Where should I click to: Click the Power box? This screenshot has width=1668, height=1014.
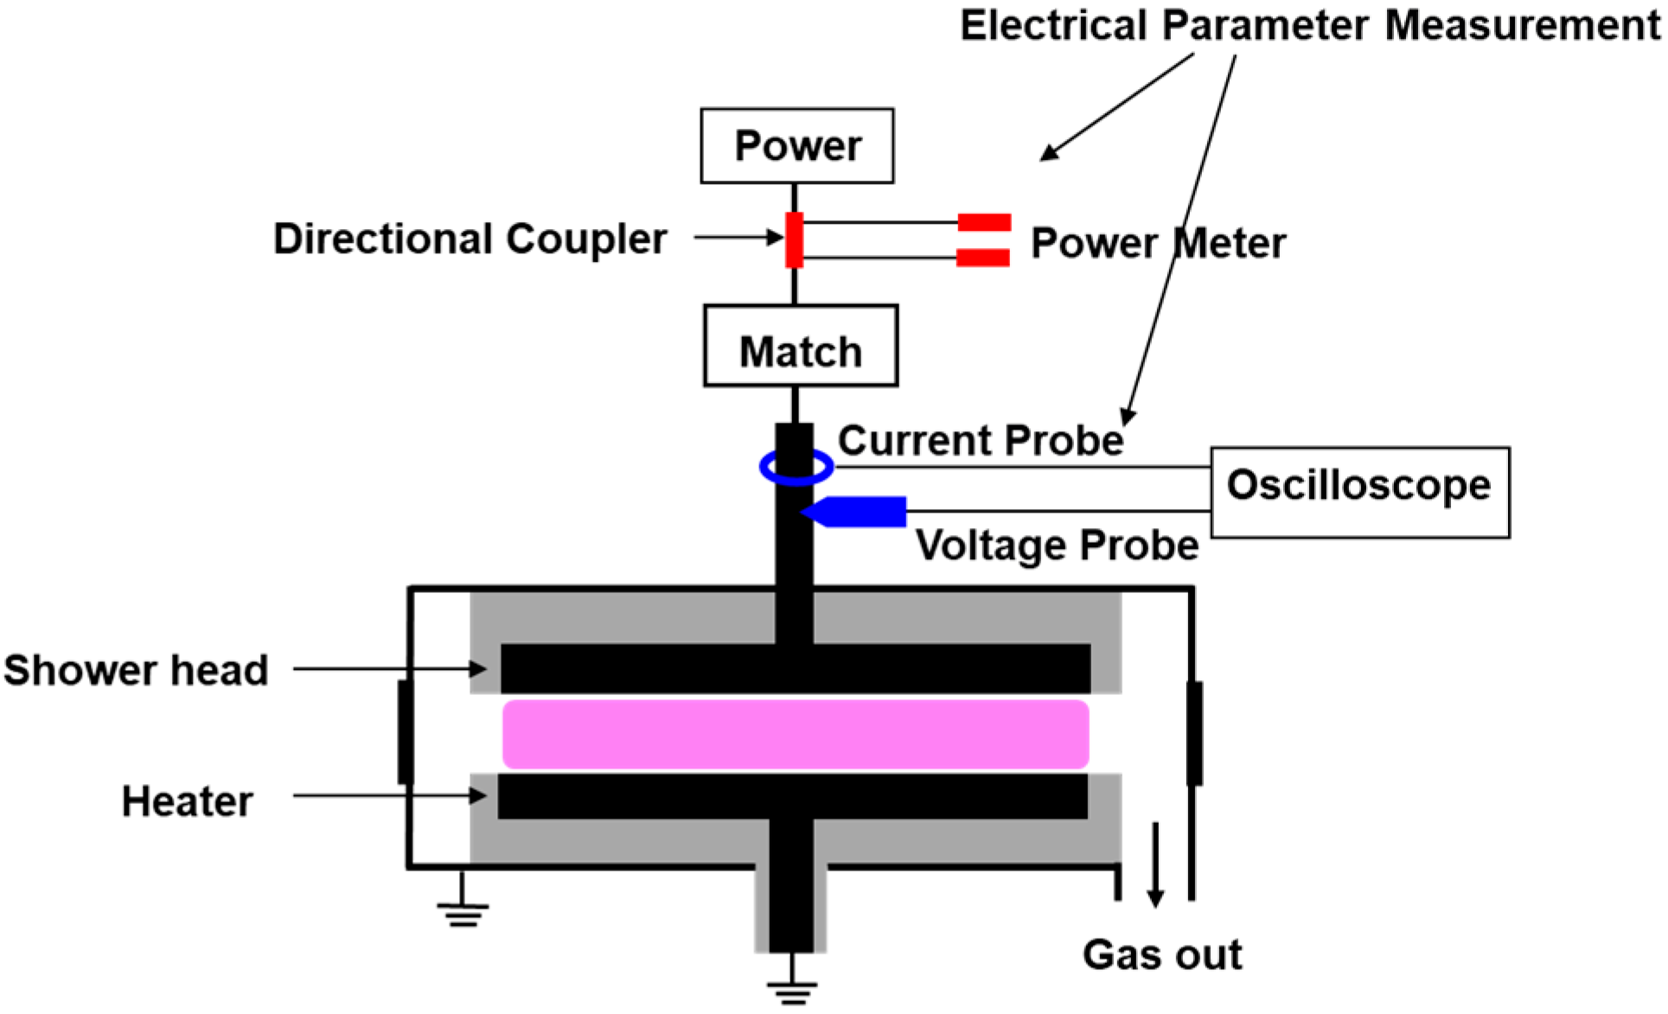click(796, 145)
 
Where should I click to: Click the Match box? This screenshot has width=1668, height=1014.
click(801, 346)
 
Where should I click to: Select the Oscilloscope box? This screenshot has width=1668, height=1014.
click(1359, 492)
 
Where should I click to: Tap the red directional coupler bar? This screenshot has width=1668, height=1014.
click(794, 239)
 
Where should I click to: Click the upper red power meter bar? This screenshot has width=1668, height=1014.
click(984, 222)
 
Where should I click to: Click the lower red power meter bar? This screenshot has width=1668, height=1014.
click(983, 258)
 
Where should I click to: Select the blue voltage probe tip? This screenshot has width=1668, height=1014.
click(856, 512)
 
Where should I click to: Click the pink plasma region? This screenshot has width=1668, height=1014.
click(796, 734)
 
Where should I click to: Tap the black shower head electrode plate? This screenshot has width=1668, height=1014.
click(796, 668)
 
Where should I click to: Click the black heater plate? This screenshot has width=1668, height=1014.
click(792, 796)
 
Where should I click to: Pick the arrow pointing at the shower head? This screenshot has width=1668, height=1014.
click(389, 668)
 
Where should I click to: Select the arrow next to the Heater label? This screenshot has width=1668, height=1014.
click(389, 795)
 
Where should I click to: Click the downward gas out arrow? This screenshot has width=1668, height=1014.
click(1155, 864)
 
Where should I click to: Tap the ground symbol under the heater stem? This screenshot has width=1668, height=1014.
click(791, 988)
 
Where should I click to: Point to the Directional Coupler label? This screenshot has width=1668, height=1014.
click(470, 239)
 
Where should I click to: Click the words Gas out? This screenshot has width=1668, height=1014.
click(1161, 955)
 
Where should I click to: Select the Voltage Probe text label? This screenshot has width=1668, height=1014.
click(1057, 545)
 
